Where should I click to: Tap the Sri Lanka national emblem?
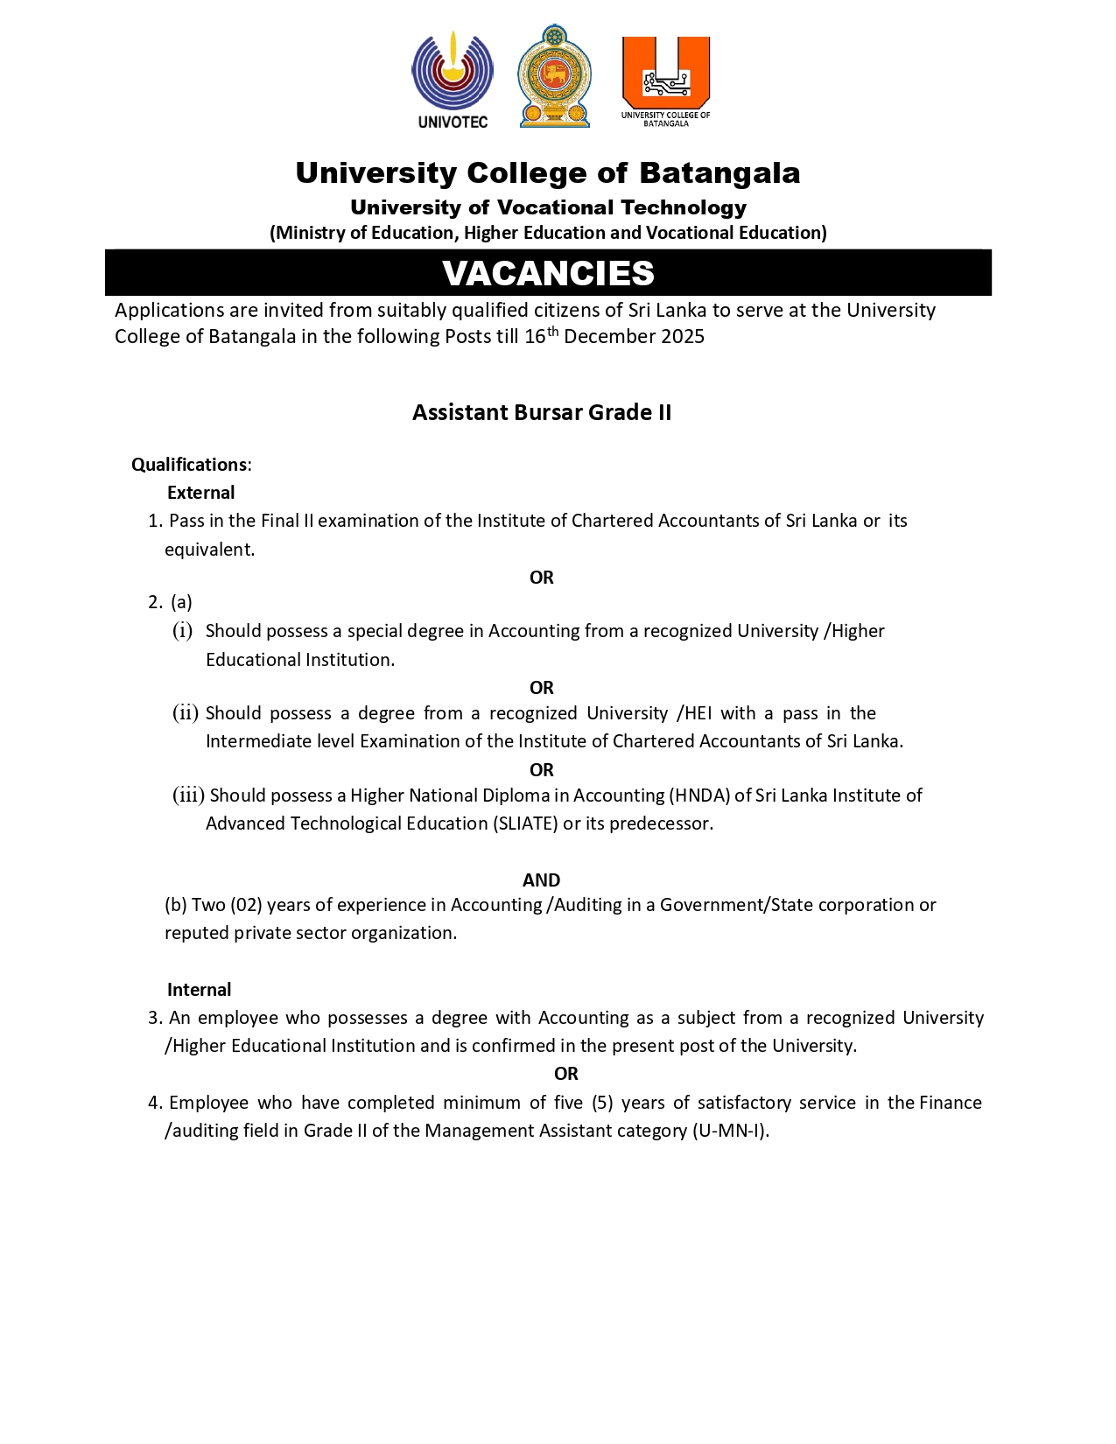554,77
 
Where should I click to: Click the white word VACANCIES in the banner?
548,273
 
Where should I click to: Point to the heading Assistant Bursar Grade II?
542,412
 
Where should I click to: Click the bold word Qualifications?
189,465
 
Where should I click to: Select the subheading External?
200,493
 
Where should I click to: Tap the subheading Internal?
199,990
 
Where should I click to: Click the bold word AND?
541,880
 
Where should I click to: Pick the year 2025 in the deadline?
682,337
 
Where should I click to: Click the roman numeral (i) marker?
182,631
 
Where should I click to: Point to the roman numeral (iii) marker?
188,796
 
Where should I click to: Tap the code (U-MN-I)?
729,1131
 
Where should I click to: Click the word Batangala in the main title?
719,173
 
